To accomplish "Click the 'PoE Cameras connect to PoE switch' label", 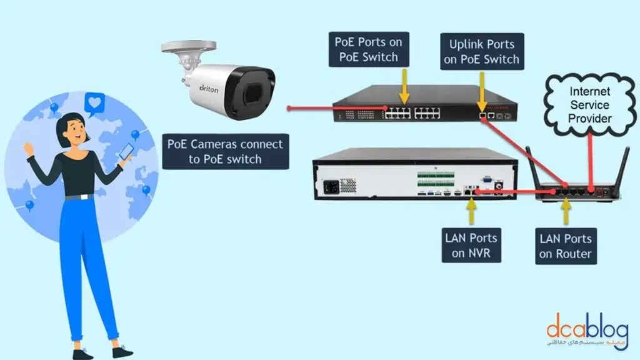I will [226, 151].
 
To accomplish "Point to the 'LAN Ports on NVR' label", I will [471, 246].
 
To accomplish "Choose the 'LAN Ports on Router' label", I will [565, 246].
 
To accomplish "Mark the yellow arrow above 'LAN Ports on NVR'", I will [471, 213].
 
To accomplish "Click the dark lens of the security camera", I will [252, 94].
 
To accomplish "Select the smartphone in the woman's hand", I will [126, 152].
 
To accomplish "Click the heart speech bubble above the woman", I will [95, 103].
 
